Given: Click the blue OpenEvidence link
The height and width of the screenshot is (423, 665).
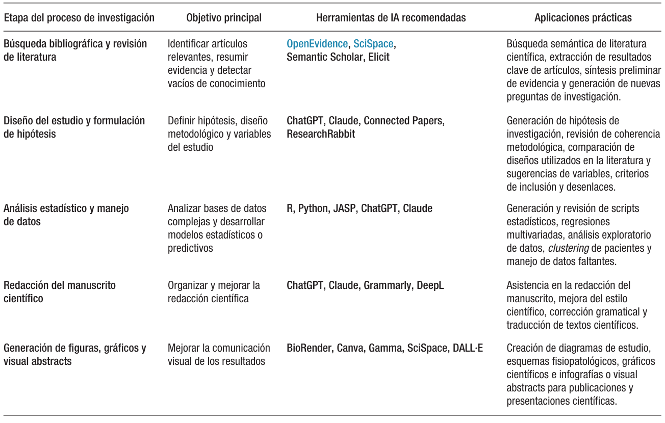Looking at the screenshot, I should pos(317,44).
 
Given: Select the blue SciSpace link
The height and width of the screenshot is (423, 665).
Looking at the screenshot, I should pos(373,44).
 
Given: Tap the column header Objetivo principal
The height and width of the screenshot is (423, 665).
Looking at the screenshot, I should pos(224,18).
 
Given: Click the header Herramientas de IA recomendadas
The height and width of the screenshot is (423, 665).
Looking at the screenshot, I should pos(391,18).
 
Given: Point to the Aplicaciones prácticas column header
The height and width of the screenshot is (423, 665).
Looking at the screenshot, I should pos(583,18).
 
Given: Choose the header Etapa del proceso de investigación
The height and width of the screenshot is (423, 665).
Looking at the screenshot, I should pos(79,18).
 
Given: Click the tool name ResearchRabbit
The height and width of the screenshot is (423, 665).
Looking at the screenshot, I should pos(321,134).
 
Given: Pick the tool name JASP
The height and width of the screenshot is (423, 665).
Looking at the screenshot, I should pos(345,208).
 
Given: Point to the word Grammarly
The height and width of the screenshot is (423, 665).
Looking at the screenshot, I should pos(387,285).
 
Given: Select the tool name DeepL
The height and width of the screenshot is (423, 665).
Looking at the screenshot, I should pos(430,285).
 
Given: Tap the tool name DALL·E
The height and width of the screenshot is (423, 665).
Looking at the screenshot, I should pos(468,349).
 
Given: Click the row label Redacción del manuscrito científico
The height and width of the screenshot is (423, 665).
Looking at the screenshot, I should pos(59,292).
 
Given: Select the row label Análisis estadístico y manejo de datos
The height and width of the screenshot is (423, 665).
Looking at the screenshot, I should pos(66,215).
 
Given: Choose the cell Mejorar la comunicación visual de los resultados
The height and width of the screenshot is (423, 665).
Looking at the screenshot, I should pos(219,355).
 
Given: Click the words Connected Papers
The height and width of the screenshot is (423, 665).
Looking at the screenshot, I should pos(404,121).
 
